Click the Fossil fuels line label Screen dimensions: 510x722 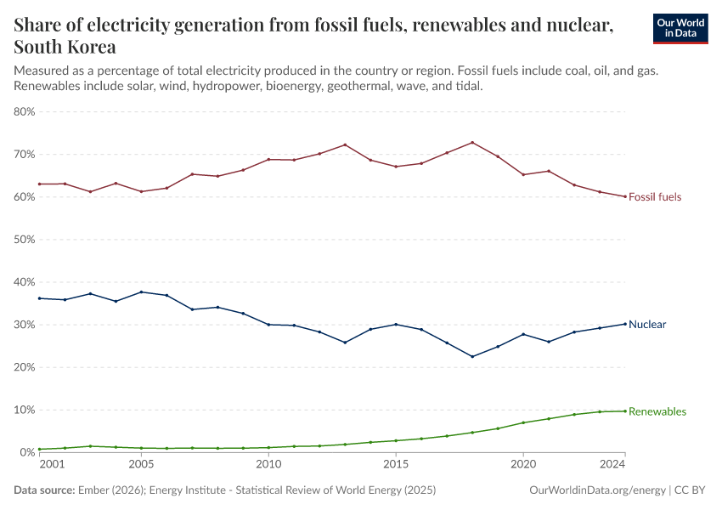coord(654,197)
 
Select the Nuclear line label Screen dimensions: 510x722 coord(647,325)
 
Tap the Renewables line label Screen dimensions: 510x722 coord(657,411)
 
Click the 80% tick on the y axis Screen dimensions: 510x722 coord(24,111)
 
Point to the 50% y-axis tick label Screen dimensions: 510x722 coord(24,240)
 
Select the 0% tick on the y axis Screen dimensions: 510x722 coord(27,452)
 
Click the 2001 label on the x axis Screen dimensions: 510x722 coord(51,465)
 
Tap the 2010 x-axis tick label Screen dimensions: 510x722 coord(268,465)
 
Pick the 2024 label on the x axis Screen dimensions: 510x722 coord(613,465)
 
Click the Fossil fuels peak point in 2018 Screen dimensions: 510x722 coord(472,142)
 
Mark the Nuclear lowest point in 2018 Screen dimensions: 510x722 coord(472,356)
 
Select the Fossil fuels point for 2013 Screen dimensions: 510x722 coord(345,144)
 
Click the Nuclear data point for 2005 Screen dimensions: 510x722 coord(141,292)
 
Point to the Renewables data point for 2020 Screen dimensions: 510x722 coord(523,422)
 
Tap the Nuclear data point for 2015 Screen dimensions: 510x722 coord(396,324)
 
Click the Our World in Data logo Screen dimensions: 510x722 coord(680,27)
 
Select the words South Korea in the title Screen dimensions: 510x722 coord(65,47)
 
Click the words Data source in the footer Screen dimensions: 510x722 coord(45,490)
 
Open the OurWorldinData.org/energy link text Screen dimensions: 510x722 coord(597,490)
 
